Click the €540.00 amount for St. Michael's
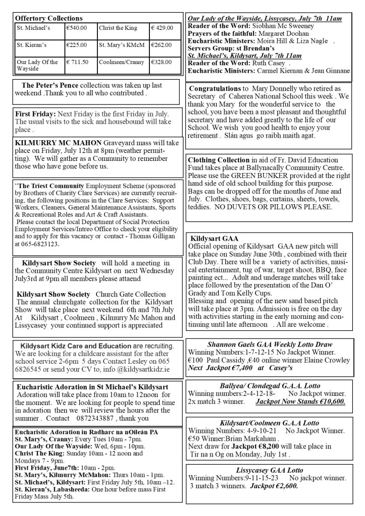(77, 28)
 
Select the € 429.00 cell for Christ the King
(163, 28)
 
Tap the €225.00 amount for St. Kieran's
(77, 45)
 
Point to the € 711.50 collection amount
(78, 62)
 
